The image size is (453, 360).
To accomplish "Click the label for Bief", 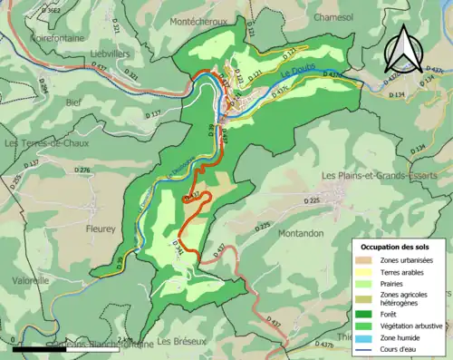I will [x=72, y=102].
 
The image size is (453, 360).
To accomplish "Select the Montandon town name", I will [x=299, y=233].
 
